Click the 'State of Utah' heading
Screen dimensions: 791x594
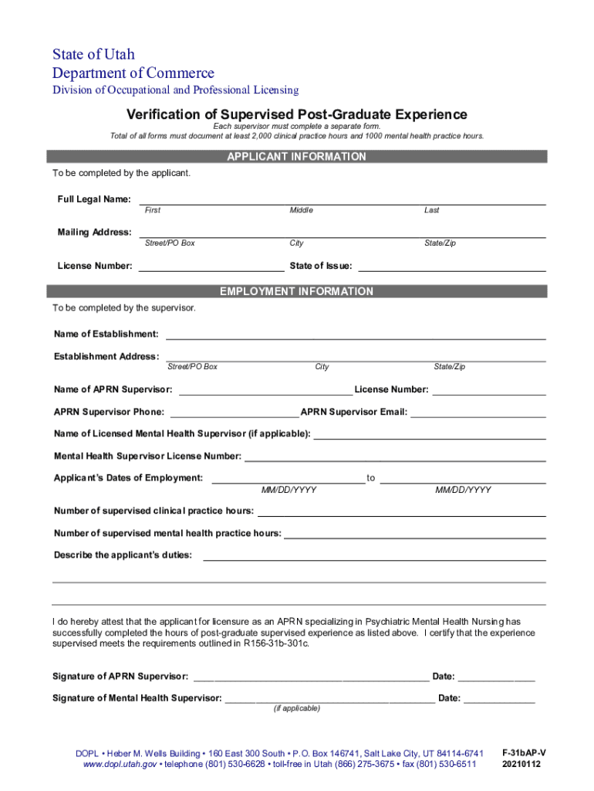[x=93, y=55]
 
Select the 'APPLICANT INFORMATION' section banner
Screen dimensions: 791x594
[x=296, y=157]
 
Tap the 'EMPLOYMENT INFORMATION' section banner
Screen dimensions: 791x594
[x=296, y=292]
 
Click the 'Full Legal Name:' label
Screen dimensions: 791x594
[x=94, y=199]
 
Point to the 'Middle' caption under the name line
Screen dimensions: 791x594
[x=301, y=210]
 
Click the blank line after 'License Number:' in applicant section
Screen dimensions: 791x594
[x=211, y=267]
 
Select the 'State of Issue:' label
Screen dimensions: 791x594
[x=321, y=266]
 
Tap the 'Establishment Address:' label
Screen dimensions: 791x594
[x=106, y=356]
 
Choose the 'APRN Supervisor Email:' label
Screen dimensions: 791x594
[x=354, y=412]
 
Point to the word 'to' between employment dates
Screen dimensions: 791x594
[x=371, y=478]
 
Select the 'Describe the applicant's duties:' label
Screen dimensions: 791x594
[x=123, y=555]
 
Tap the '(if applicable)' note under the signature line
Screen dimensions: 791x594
[x=297, y=708]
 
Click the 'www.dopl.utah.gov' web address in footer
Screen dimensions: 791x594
[x=120, y=764]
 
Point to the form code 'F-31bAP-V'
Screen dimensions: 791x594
[x=524, y=752]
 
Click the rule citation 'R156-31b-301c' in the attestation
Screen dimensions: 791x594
[x=275, y=643]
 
